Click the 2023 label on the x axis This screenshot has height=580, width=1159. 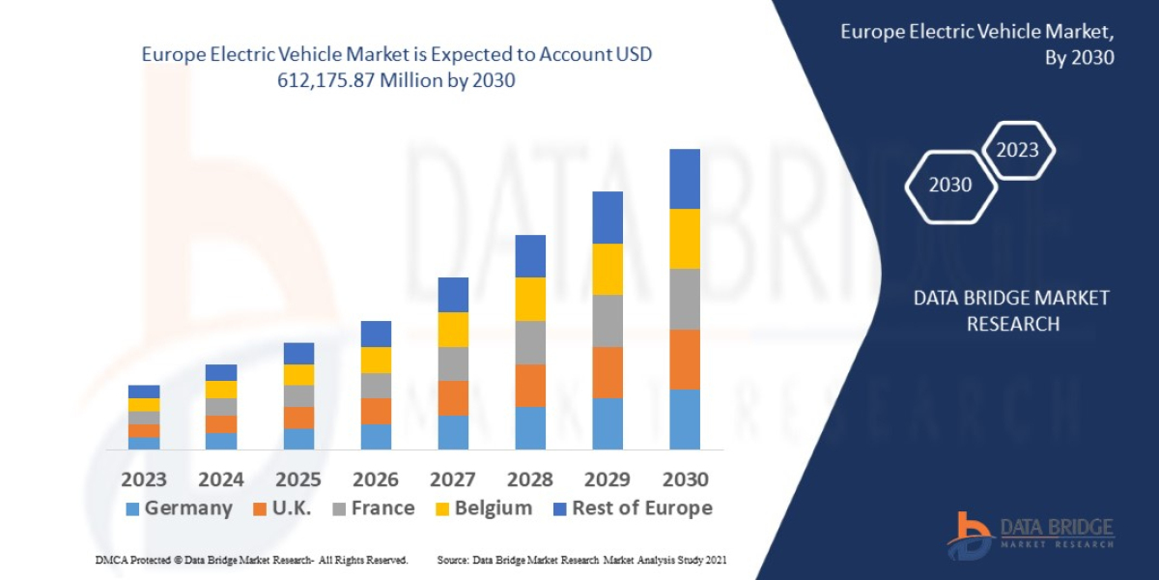pos(144,479)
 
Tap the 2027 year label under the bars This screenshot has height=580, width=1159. pos(453,479)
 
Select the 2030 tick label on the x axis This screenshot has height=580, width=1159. pos(685,479)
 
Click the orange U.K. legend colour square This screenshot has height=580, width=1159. pos(260,509)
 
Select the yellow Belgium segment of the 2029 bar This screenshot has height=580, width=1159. pos(608,269)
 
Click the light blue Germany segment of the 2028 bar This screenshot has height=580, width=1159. pos(530,427)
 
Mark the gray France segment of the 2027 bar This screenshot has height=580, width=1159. pos(453,363)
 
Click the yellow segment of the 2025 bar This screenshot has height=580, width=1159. pos(298,375)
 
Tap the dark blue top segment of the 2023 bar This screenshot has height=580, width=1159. pos(144,391)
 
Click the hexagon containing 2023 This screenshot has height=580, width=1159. pos(1017,150)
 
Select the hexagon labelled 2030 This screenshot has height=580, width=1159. pos(950,185)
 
